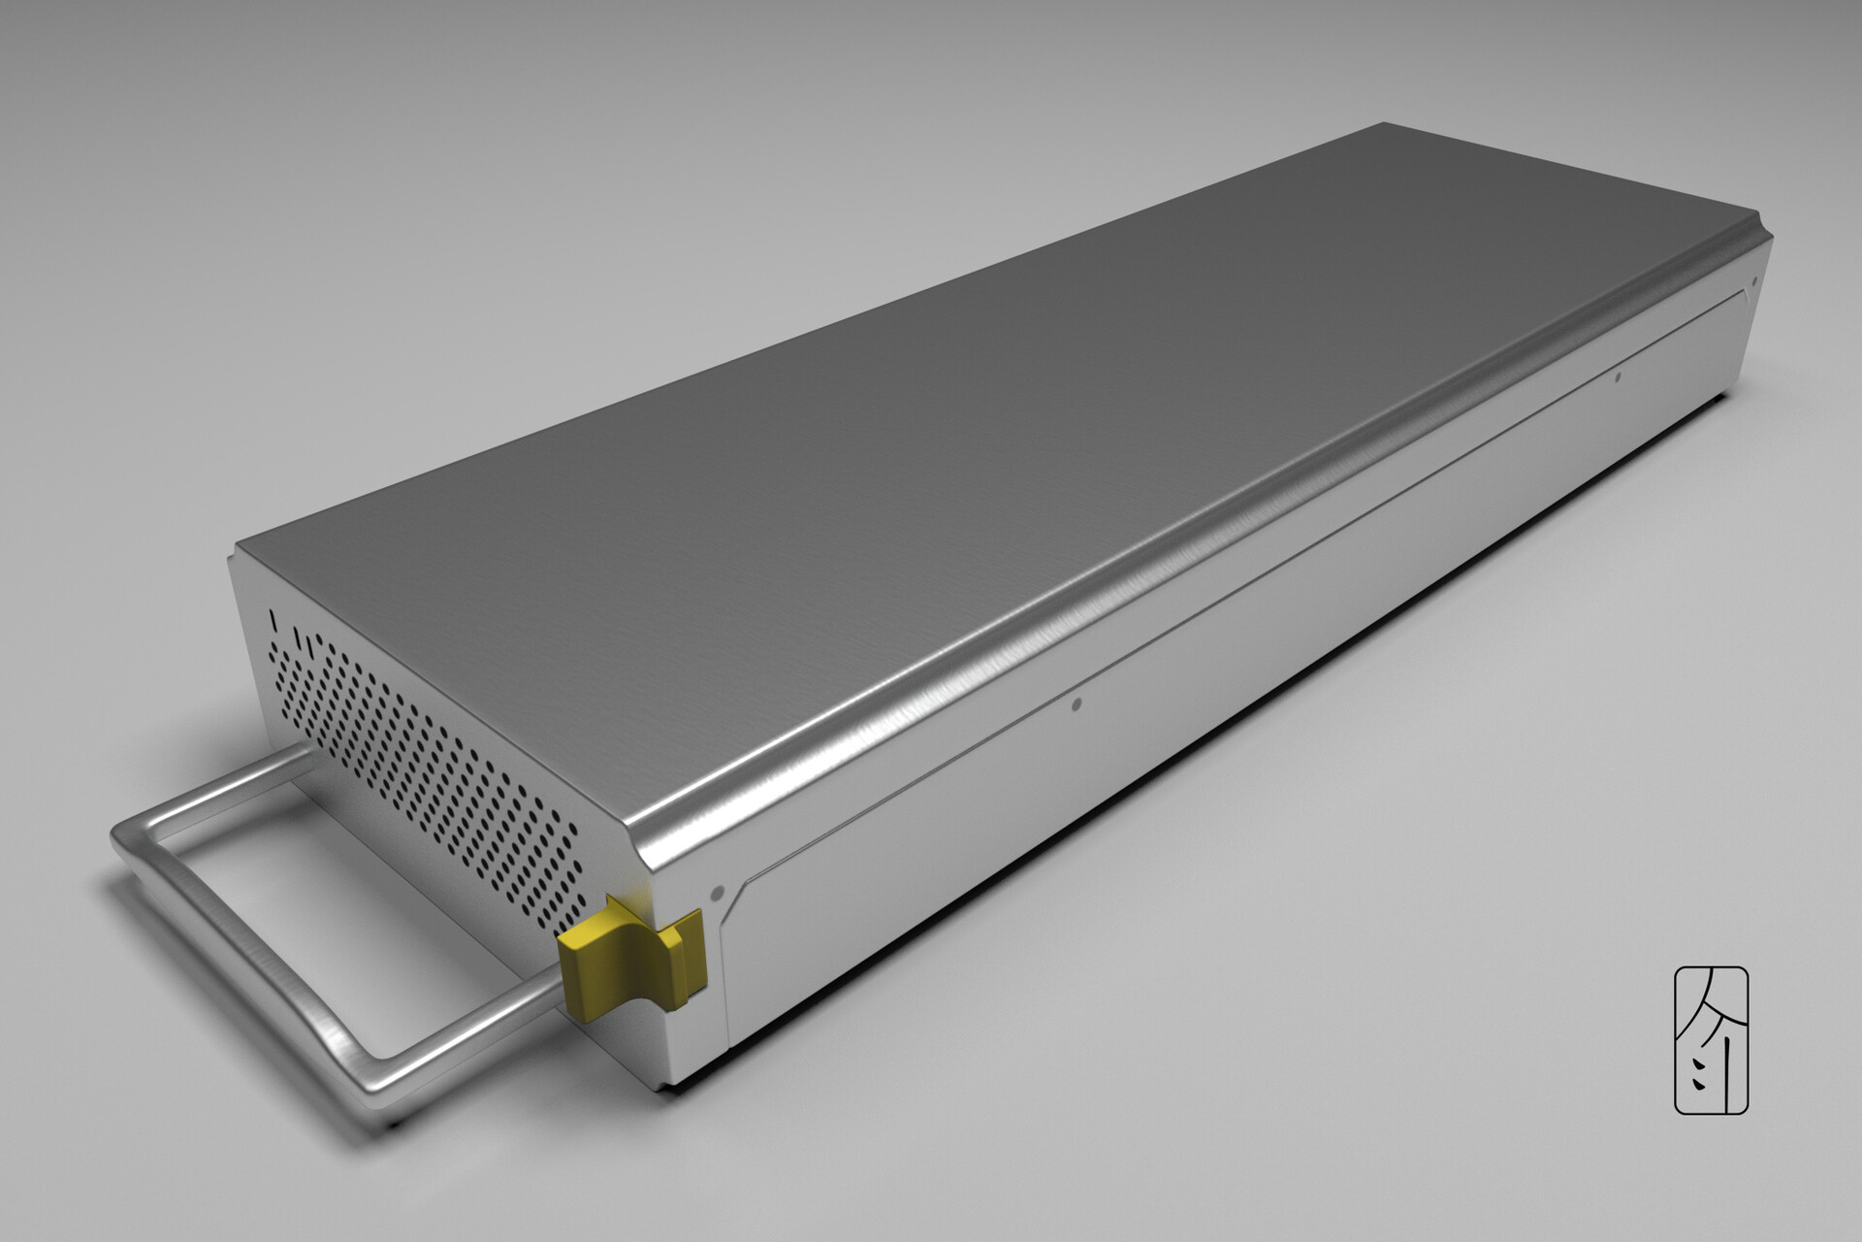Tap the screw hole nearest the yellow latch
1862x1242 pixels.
[718, 889]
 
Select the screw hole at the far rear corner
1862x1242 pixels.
[1753, 284]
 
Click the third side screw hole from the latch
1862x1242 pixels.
[1617, 376]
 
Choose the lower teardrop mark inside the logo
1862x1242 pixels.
[1700, 1085]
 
